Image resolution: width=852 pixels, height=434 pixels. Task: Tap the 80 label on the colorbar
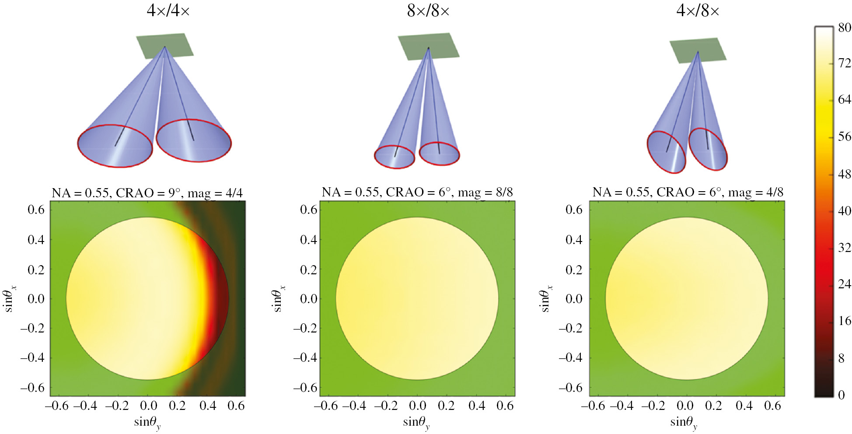click(x=844, y=28)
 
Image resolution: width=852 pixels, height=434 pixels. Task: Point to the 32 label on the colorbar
click(x=844, y=248)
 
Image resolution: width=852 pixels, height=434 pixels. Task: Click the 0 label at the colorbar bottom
click(x=841, y=395)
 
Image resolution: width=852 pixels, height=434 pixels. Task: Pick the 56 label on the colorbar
click(x=844, y=136)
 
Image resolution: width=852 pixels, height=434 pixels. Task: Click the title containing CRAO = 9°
click(x=147, y=192)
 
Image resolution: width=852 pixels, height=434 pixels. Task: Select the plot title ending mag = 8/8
click(x=417, y=192)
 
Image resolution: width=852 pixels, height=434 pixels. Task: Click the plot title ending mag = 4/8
click(x=688, y=192)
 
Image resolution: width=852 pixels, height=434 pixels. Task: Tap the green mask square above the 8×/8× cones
click(x=428, y=46)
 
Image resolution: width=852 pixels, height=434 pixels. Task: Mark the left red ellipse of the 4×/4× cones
click(x=115, y=146)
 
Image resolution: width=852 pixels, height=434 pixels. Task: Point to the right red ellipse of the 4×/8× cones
click(x=708, y=149)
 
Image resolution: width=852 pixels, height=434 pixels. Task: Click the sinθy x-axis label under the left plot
click(x=147, y=422)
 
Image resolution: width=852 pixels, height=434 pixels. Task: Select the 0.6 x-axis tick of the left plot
click(x=236, y=406)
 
